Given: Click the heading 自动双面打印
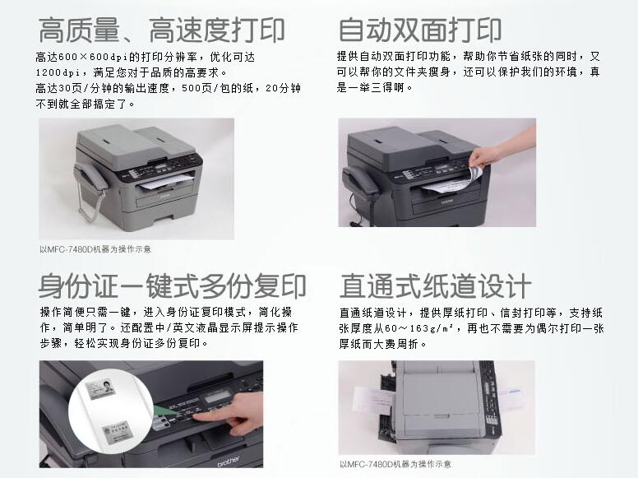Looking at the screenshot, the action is pos(419,30).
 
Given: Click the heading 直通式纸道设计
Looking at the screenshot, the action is pos(436,285).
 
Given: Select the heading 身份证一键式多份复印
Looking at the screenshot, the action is pos(172,285).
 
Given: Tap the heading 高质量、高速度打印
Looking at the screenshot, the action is pos(161,30).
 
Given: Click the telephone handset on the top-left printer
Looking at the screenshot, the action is pos(90,179).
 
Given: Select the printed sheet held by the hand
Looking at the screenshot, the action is pos(451,183).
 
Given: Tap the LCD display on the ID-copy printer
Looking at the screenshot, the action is pos(218,396).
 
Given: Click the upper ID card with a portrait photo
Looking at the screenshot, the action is pos(100,388).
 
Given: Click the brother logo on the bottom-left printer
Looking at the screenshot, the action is pos(229,461).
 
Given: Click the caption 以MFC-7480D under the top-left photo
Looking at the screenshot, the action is pos(95,249).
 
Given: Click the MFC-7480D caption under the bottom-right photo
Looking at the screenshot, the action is pos(395,464).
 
